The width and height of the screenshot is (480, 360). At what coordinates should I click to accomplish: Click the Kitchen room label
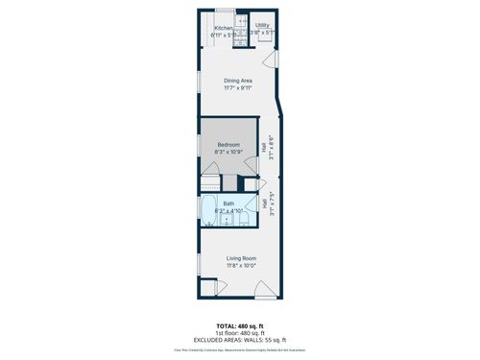click(223, 28)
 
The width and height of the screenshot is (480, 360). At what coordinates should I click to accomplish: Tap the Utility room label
click(262, 26)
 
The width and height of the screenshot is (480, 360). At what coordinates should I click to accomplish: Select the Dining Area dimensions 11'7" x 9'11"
click(237, 87)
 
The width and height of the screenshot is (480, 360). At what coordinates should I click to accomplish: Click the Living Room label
click(240, 257)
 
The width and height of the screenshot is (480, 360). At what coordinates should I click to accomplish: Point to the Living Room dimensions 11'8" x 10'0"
click(240, 264)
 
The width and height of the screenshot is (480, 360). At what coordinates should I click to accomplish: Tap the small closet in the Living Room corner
click(208, 287)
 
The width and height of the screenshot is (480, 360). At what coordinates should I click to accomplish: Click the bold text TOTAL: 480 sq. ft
click(239, 326)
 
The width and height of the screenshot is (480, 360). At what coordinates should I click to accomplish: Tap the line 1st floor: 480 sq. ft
click(239, 333)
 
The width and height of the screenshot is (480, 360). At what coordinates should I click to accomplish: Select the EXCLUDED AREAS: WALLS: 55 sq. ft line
click(239, 340)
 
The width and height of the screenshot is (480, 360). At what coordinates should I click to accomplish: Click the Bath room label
click(228, 203)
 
